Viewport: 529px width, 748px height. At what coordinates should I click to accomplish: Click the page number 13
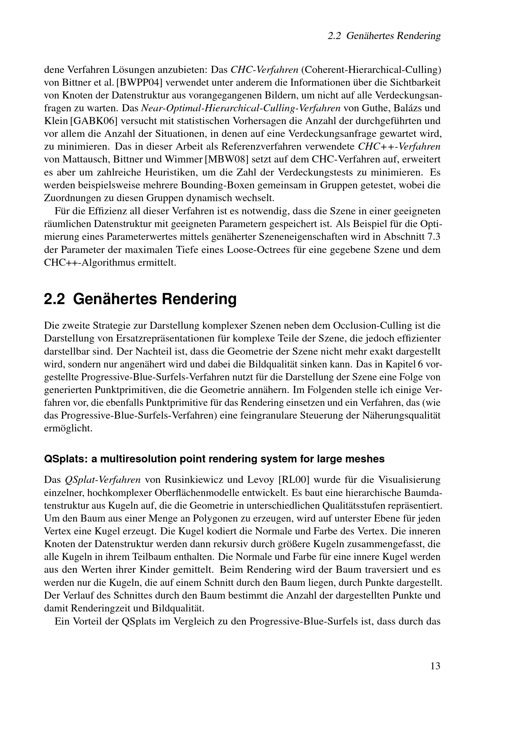tap(435, 666)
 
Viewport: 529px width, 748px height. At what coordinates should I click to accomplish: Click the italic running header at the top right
tap(384, 36)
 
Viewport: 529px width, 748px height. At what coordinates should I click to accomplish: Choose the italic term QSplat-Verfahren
tap(103, 480)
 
